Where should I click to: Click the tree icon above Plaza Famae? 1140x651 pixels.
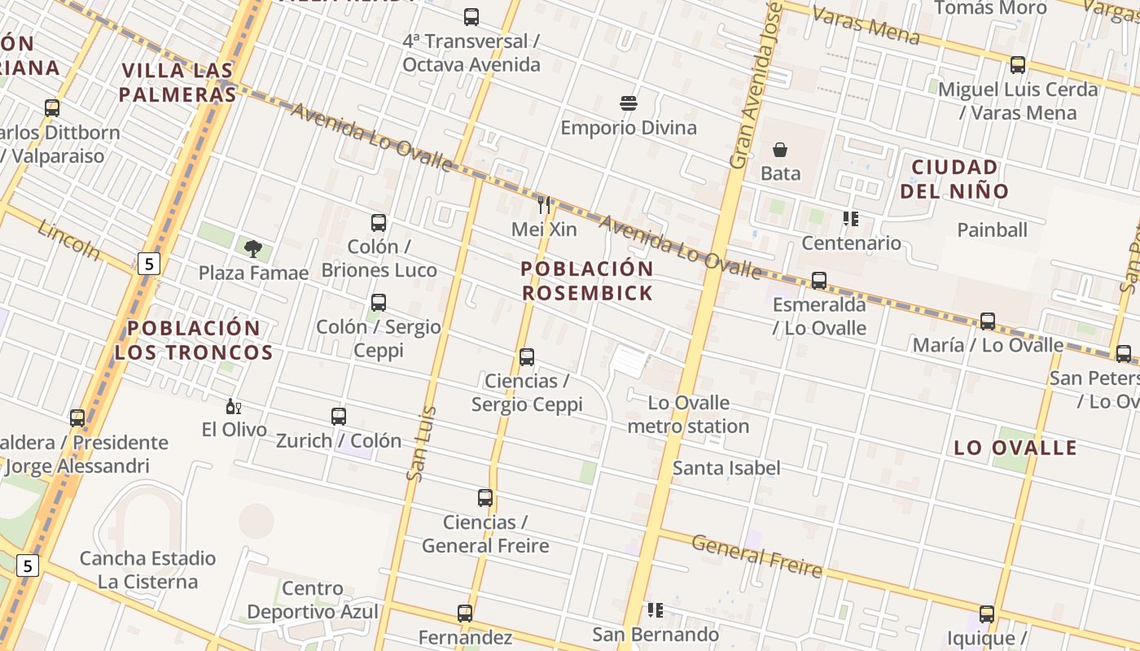click(253, 248)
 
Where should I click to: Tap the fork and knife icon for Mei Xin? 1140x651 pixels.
click(545, 205)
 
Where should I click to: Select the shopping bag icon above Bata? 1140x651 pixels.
click(780, 150)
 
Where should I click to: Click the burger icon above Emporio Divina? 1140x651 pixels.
click(628, 103)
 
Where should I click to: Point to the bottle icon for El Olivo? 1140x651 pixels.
click(233, 406)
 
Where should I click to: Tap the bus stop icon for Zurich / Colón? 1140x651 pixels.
click(339, 417)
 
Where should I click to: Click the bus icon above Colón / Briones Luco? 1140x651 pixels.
click(379, 223)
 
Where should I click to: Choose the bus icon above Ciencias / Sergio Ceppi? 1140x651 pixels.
click(527, 357)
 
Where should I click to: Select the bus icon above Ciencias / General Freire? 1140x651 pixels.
click(485, 498)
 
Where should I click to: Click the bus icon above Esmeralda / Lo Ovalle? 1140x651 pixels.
click(819, 281)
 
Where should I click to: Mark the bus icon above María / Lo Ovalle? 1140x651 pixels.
click(988, 321)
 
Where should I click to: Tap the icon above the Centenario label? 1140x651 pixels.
click(851, 219)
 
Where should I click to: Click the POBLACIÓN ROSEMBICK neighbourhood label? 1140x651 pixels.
click(587, 281)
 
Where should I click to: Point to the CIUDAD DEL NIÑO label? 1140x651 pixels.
click(959, 179)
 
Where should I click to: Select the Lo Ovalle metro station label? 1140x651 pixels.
click(689, 414)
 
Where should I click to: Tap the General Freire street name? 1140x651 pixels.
click(757, 555)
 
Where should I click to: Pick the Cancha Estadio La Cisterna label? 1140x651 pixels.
click(147, 570)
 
